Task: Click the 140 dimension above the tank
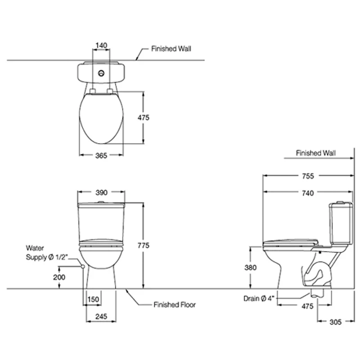[x=101, y=45]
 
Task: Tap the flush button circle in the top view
[x=101, y=73]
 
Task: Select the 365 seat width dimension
[x=101, y=156]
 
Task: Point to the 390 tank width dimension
[x=101, y=193]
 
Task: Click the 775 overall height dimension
[x=144, y=245]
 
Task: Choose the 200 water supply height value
[x=59, y=277]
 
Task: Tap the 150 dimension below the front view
[x=93, y=299]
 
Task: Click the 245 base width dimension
[x=101, y=317]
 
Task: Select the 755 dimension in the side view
[x=308, y=176]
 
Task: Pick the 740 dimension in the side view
[x=308, y=193]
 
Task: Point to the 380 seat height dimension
[x=251, y=267]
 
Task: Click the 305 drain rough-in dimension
[x=335, y=322]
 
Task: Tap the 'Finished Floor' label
[x=175, y=305]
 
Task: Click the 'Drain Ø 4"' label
[x=259, y=298]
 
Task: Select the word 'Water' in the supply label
[x=35, y=248]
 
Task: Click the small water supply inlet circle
[x=83, y=266]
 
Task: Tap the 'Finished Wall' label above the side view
[x=316, y=153]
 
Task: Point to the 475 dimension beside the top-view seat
[x=144, y=117]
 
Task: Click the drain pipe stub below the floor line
[x=317, y=293]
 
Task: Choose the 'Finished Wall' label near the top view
[x=171, y=49]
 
